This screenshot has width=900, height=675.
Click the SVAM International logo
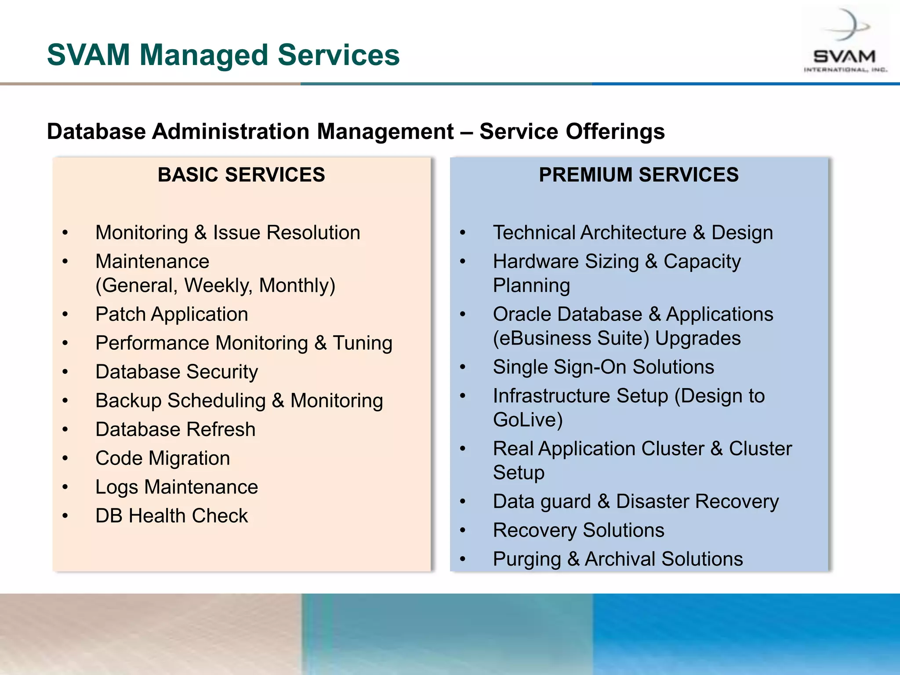pos(845,42)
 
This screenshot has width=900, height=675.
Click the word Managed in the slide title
pos(203,55)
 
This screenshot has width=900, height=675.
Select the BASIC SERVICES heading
pos(241,175)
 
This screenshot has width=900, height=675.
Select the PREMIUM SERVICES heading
pos(639,175)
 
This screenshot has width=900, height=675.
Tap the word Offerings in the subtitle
pos(615,132)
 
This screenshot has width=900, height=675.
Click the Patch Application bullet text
pos(172,315)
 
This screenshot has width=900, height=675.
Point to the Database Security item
pos(177,372)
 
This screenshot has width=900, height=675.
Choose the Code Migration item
pos(163,458)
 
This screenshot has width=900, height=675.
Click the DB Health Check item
pos(171,516)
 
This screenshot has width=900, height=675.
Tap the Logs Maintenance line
pos(177,487)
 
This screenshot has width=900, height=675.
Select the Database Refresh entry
pos(175,430)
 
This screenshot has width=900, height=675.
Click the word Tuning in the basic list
pos(362,344)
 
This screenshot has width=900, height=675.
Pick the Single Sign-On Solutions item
pos(603,367)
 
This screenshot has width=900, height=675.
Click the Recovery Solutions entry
pos(578,530)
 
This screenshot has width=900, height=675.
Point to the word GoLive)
pos(528,420)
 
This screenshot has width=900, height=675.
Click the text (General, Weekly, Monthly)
pos(215,286)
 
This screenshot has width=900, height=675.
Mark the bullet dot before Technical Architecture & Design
pos(462,233)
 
